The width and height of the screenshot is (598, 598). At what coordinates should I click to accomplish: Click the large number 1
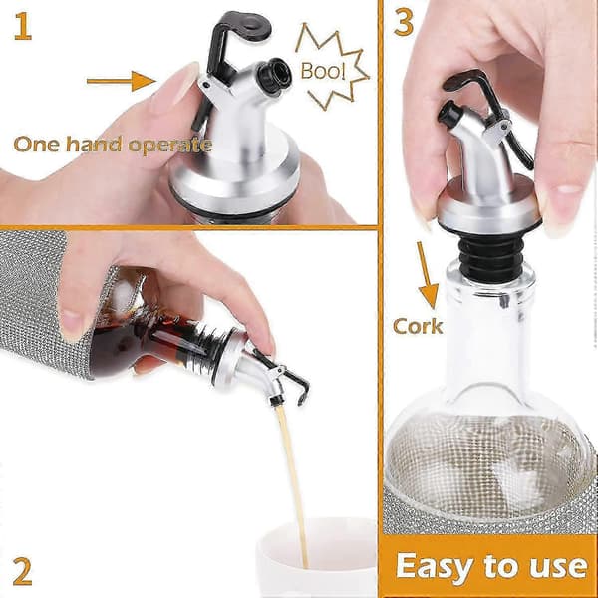[x=23, y=26]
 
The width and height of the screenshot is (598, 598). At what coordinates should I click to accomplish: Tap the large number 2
[x=23, y=571]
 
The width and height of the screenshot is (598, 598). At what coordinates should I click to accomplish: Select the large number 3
[x=404, y=22]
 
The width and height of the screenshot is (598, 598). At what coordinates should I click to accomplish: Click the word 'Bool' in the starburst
[x=323, y=71]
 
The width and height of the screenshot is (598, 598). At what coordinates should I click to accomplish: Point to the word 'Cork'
[x=418, y=326]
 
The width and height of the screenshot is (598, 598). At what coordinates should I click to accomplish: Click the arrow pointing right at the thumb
[x=122, y=81]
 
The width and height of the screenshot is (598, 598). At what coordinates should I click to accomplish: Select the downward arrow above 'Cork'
[x=428, y=275]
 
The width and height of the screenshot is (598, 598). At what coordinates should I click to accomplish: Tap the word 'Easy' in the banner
[x=435, y=567]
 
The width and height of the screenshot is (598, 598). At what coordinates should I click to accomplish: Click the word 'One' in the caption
[x=36, y=144]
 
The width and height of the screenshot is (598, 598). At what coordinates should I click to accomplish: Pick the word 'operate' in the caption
[x=169, y=146]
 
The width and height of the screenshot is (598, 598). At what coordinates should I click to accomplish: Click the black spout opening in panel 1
[x=274, y=75]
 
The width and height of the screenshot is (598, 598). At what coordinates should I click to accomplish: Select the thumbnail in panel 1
[x=178, y=85]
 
